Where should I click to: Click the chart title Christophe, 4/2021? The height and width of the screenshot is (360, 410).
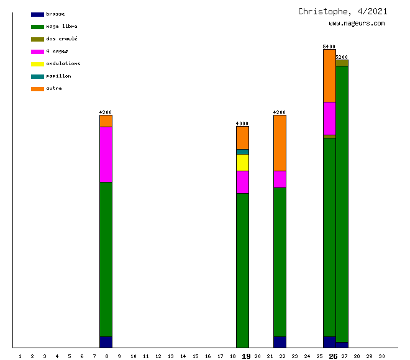click(x=342, y=11)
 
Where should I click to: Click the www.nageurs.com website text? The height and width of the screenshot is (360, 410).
click(x=357, y=24)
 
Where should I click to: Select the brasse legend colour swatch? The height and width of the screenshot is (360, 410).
click(x=37, y=14)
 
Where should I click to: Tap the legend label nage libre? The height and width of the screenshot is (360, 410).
click(x=61, y=26)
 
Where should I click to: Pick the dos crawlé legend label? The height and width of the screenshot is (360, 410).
click(x=61, y=38)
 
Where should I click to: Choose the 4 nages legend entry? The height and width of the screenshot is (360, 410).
click(x=57, y=51)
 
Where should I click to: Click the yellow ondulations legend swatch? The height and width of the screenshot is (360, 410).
click(x=37, y=64)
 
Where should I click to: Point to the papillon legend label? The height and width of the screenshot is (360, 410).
click(x=58, y=76)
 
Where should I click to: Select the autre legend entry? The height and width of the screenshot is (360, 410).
click(x=54, y=88)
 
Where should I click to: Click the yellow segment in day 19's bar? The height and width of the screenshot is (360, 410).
click(x=242, y=163)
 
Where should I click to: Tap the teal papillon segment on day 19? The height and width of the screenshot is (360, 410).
click(x=242, y=151)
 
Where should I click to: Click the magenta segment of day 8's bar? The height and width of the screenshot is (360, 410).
click(x=106, y=155)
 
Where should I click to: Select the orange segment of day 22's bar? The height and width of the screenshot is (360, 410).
click(x=280, y=143)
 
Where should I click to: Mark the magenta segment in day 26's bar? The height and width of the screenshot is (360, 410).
click(x=329, y=118)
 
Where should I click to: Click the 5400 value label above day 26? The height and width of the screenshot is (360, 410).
click(x=329, y=47)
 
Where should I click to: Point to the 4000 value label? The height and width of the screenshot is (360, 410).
click(x=242, y=124)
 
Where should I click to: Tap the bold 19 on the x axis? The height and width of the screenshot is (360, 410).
click(x=246, y=356)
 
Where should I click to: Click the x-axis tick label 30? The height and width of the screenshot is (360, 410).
click(x=381, y=356)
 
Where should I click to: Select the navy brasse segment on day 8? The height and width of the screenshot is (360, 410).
click(x=106, y=342)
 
